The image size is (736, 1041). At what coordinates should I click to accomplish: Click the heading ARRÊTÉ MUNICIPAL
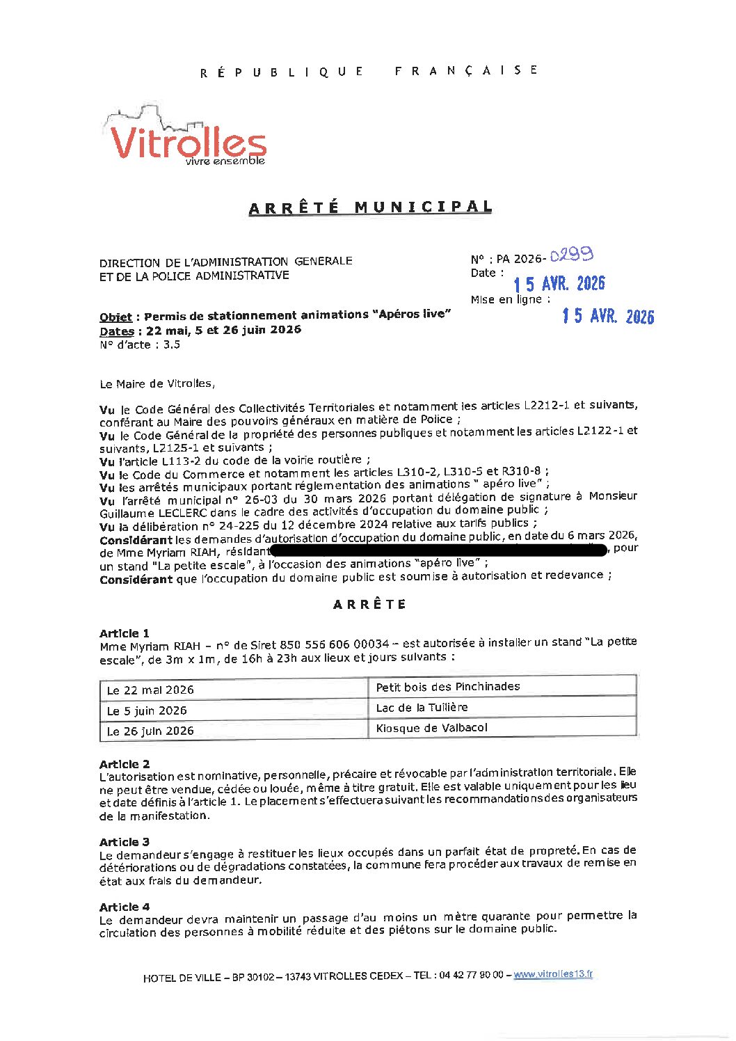(x=370, y=207)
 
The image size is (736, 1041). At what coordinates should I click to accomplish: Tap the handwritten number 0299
(x=571, y=255)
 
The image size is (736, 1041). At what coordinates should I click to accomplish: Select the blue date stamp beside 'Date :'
(x=559, y=284)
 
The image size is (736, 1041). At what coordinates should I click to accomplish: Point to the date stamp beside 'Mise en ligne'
(x=608, y=317)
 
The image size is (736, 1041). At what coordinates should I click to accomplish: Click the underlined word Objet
(x=115, y=317)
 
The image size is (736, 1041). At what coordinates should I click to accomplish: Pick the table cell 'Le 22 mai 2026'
(x=150, y=690)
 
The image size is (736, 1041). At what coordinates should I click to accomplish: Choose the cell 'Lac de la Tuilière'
(x=422, y=708)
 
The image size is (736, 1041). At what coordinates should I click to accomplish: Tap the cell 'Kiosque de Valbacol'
(x=431, y=728)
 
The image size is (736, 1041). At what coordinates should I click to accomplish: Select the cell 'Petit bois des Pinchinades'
(x=447, y=687)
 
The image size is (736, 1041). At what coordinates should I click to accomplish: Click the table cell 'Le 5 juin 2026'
(x=147, y=710)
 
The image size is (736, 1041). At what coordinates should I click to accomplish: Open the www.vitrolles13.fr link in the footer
(x=553, y=974)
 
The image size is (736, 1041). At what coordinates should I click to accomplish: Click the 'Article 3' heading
(x=125, y=842)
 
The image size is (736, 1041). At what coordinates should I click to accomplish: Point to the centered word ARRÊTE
(x=369, y=605)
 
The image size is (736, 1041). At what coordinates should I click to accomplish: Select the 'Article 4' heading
(x=125, y=907)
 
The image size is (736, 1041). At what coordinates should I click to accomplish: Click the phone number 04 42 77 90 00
(x=470, y=976)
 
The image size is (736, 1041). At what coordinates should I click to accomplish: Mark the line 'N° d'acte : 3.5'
(x=140, y=344)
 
